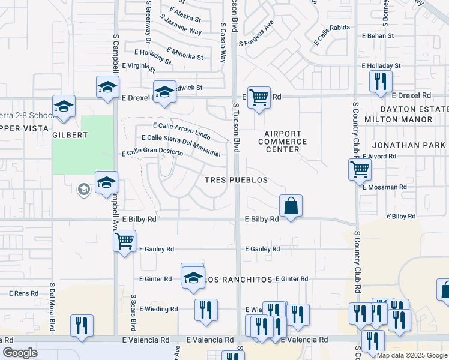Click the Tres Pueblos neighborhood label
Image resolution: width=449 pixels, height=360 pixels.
(235, 180)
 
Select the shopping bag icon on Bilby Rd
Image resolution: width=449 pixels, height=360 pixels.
(291, 206)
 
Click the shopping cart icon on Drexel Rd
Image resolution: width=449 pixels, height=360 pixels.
(259, 96)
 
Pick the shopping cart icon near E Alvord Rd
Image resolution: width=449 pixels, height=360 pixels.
(360, 169)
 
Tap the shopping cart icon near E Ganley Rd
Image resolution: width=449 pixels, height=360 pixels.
(124, 241)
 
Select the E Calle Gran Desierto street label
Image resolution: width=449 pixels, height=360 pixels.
(152, 153)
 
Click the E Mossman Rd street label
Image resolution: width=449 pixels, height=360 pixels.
(385, 187)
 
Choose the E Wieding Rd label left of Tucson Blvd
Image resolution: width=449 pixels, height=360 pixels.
(158, 309)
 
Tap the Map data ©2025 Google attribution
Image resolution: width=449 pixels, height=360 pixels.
(411, 355)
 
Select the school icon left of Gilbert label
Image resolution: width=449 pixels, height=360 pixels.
(64, 107)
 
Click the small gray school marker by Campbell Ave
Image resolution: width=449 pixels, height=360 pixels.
(83, 190)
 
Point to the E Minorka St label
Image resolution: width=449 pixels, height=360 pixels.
(185, 54)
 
